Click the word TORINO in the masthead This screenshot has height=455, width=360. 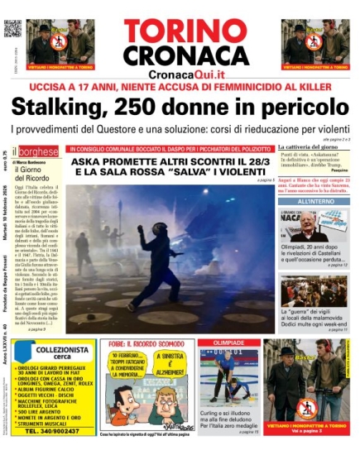coord(180,30)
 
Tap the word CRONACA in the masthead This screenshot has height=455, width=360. coord(180,56)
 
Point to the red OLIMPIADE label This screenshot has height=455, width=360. coord(229,342)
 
